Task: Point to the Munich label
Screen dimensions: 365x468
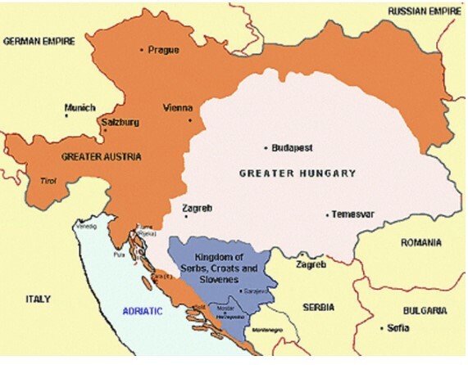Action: (80, 107)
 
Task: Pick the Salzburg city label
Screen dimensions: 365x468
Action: (119, 123)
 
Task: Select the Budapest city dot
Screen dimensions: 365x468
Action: (264, 148)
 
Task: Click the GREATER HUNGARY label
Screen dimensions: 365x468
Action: (298, 173)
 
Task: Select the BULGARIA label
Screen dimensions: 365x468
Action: (424, 311)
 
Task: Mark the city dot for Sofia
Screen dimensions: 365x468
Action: (383, 328)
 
